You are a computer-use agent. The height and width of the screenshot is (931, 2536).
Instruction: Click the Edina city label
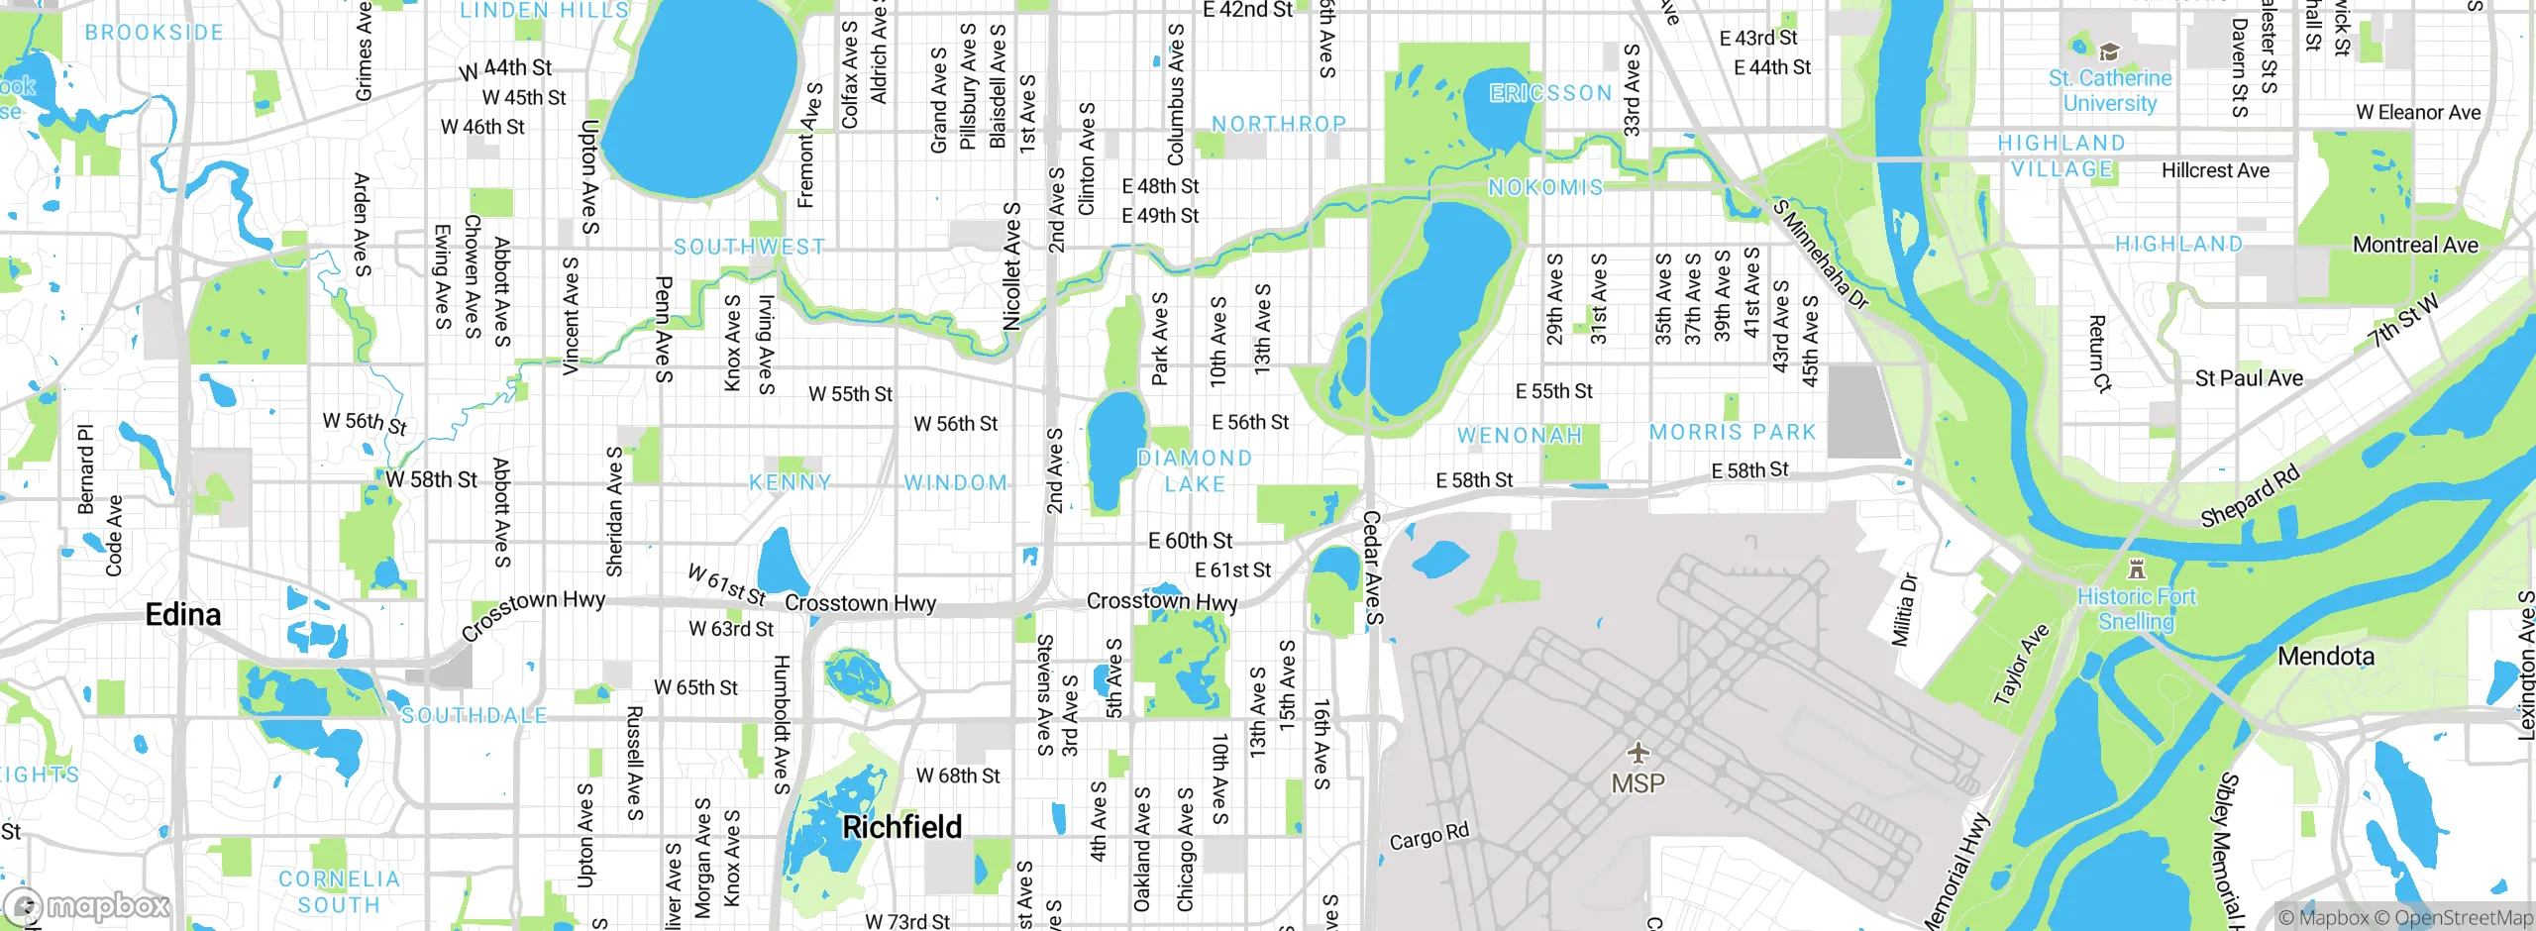183,615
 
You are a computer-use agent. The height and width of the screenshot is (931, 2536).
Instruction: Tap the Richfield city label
901,827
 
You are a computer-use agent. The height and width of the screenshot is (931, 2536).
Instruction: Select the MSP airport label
1638,783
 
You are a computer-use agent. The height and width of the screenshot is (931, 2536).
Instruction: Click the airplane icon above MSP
1638,753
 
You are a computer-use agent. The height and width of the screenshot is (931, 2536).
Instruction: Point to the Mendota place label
2325,657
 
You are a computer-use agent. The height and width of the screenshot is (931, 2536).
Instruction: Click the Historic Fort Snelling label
2136,609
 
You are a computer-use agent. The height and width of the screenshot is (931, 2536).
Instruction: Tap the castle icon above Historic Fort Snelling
2137,570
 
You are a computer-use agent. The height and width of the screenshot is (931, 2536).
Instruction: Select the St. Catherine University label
2110,90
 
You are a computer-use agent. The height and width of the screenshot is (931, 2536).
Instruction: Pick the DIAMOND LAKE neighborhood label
1195,471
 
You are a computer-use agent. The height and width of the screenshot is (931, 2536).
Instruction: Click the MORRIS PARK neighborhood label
1733,433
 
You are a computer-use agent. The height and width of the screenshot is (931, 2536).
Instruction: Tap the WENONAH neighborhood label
1520,436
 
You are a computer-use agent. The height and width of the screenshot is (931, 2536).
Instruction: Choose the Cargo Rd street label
1428,837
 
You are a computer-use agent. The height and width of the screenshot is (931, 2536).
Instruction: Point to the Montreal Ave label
2415,245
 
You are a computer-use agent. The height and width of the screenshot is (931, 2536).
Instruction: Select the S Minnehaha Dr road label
1820,255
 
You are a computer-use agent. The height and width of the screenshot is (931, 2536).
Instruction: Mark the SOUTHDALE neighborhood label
475,715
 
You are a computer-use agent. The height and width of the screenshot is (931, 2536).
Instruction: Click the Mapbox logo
86,906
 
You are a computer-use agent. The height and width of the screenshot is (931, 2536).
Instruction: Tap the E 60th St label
1190,541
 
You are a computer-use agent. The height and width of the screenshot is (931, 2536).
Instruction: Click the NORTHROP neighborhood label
1279,125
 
